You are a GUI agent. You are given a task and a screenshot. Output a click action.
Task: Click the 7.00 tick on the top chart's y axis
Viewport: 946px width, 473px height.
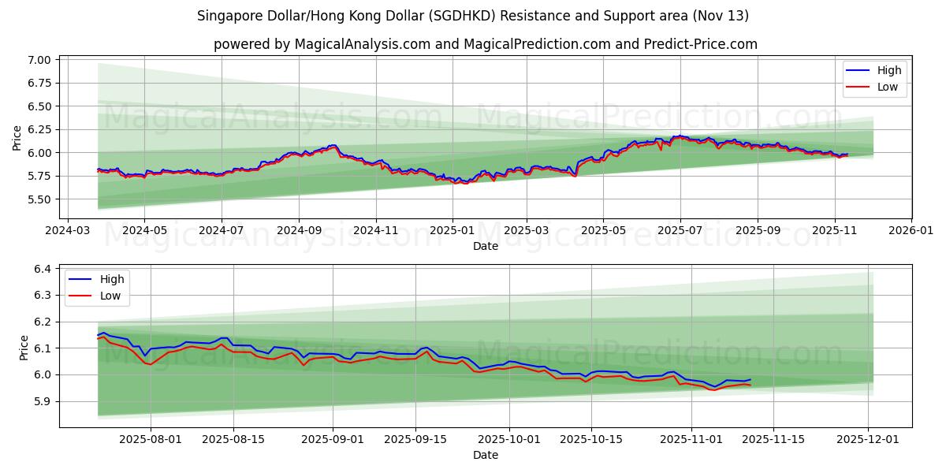(39, 60)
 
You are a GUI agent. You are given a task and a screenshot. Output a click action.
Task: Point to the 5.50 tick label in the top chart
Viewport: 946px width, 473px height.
(39, 199)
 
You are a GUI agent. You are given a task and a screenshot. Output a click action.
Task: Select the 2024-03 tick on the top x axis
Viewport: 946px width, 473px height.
(67, 231)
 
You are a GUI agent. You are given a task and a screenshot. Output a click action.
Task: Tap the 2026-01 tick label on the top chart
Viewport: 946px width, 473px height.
(911, 231)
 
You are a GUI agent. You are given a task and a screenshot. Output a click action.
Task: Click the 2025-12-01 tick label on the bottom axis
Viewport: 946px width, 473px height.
(869, 440)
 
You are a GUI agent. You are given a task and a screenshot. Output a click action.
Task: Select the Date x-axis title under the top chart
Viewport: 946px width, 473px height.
(485, 246)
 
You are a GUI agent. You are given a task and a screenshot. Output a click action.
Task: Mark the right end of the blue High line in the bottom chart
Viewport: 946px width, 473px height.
(750, 380)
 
